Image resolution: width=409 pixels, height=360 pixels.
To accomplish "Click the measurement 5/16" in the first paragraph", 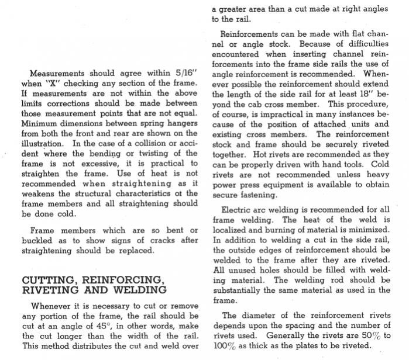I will [186, 74].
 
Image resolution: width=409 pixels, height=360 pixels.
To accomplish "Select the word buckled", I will [38, 240].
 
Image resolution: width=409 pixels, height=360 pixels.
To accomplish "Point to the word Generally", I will [290, 335].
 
